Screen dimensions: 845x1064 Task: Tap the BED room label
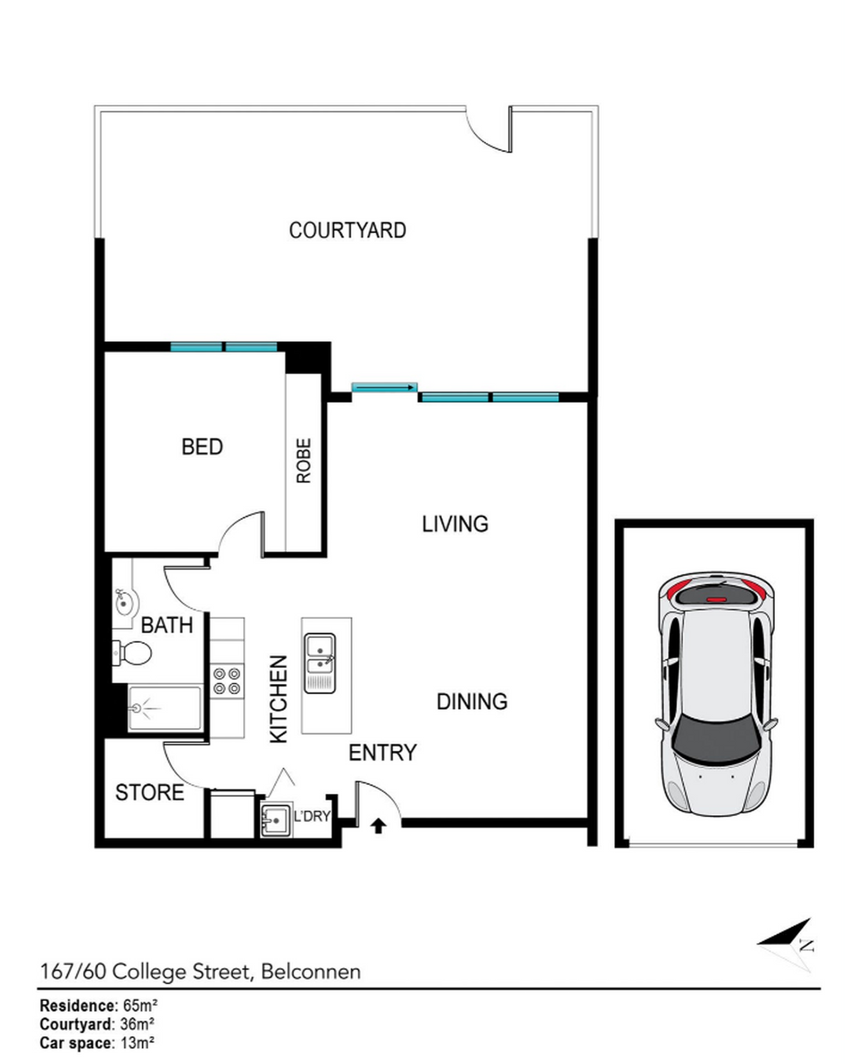202,447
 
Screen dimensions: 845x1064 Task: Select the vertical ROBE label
304,460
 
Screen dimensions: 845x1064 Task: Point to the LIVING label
455,524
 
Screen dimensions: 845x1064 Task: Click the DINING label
471,701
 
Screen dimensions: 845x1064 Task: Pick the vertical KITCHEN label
279,699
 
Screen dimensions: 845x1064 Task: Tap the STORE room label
150,792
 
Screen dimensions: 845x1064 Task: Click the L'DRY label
312,816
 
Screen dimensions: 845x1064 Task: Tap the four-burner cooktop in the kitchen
227,681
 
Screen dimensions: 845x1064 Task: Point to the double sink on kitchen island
320,663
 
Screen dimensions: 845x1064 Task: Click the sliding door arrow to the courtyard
385,389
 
